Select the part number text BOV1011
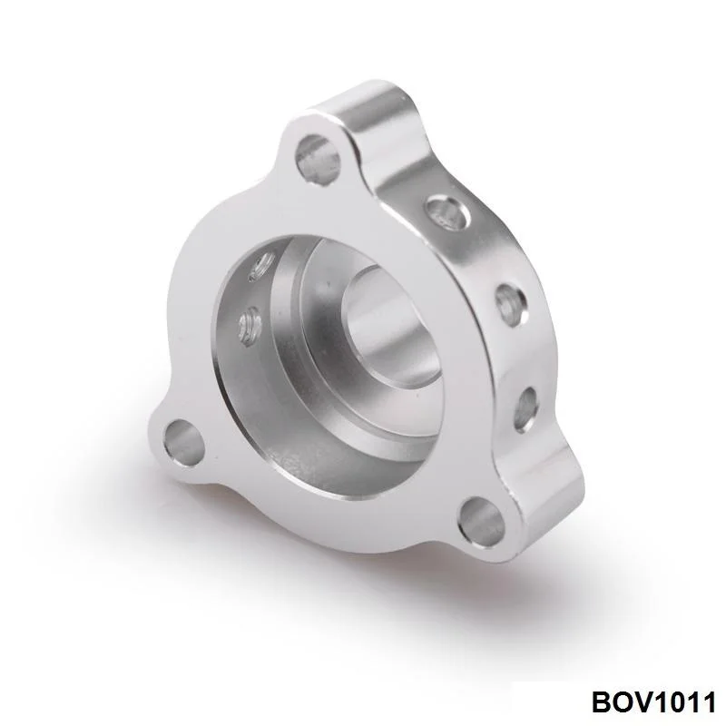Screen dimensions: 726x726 pyautogui.click(x=653, y=701)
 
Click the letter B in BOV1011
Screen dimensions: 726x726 pyautogui.click(x=601, y=701)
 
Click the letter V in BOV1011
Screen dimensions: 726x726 pyautogui.click(x=643, y=701)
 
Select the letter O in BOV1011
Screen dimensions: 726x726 pyautogui.click(x=622, y=701)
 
